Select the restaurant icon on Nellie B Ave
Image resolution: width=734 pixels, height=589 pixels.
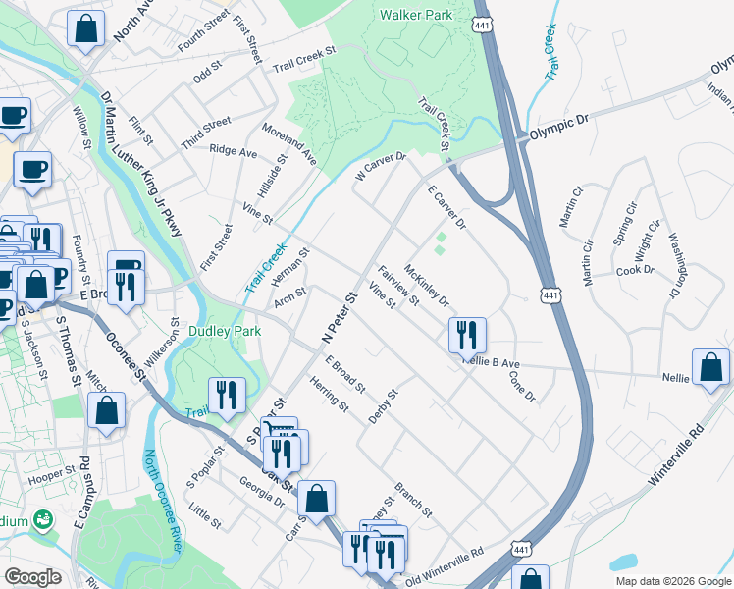(x=468, y=335)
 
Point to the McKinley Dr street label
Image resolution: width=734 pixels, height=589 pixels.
(x=427, y=286)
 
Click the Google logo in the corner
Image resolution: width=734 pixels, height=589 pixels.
(x=32, y=577)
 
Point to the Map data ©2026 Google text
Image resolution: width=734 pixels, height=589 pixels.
(x=672, y=581)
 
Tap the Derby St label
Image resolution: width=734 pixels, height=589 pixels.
(x=383, y=406)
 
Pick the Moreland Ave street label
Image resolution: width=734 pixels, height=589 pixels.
(x=288, y=143)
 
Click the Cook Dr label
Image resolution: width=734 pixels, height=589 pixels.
(x=634, y=270)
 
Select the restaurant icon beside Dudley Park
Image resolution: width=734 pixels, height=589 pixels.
(x=228, y=395)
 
